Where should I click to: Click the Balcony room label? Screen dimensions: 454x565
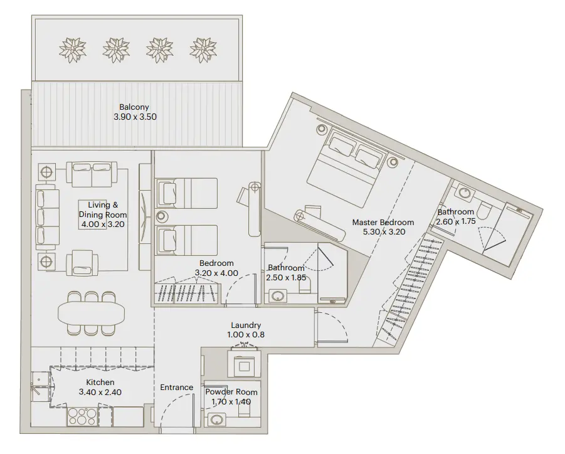point(135,107)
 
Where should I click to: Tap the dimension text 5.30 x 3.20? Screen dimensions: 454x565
point(384,231)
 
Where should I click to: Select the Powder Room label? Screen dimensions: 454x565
point(231,392)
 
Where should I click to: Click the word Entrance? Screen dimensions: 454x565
point(176,388)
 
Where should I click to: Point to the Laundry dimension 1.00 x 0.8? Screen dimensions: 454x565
point(246,335)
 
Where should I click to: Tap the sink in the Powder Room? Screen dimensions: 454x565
point(218,420)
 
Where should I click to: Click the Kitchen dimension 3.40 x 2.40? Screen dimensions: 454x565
point(100,392)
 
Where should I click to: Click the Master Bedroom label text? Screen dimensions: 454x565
point(383,222)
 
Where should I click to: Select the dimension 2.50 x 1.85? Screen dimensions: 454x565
point(287,277)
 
